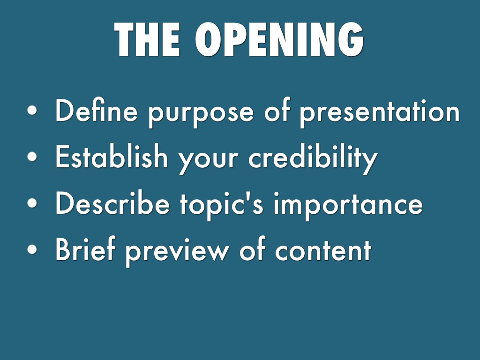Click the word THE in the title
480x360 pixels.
147,39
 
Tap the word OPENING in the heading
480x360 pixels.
279,39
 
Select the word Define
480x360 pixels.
96,110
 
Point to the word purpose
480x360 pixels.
201,114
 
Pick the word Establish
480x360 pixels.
112,156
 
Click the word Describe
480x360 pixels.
112,202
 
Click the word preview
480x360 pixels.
177,252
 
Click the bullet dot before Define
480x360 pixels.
32,110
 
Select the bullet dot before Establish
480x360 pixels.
32,157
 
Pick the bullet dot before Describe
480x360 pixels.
32,202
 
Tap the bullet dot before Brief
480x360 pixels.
32,249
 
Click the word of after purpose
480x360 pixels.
277,110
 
